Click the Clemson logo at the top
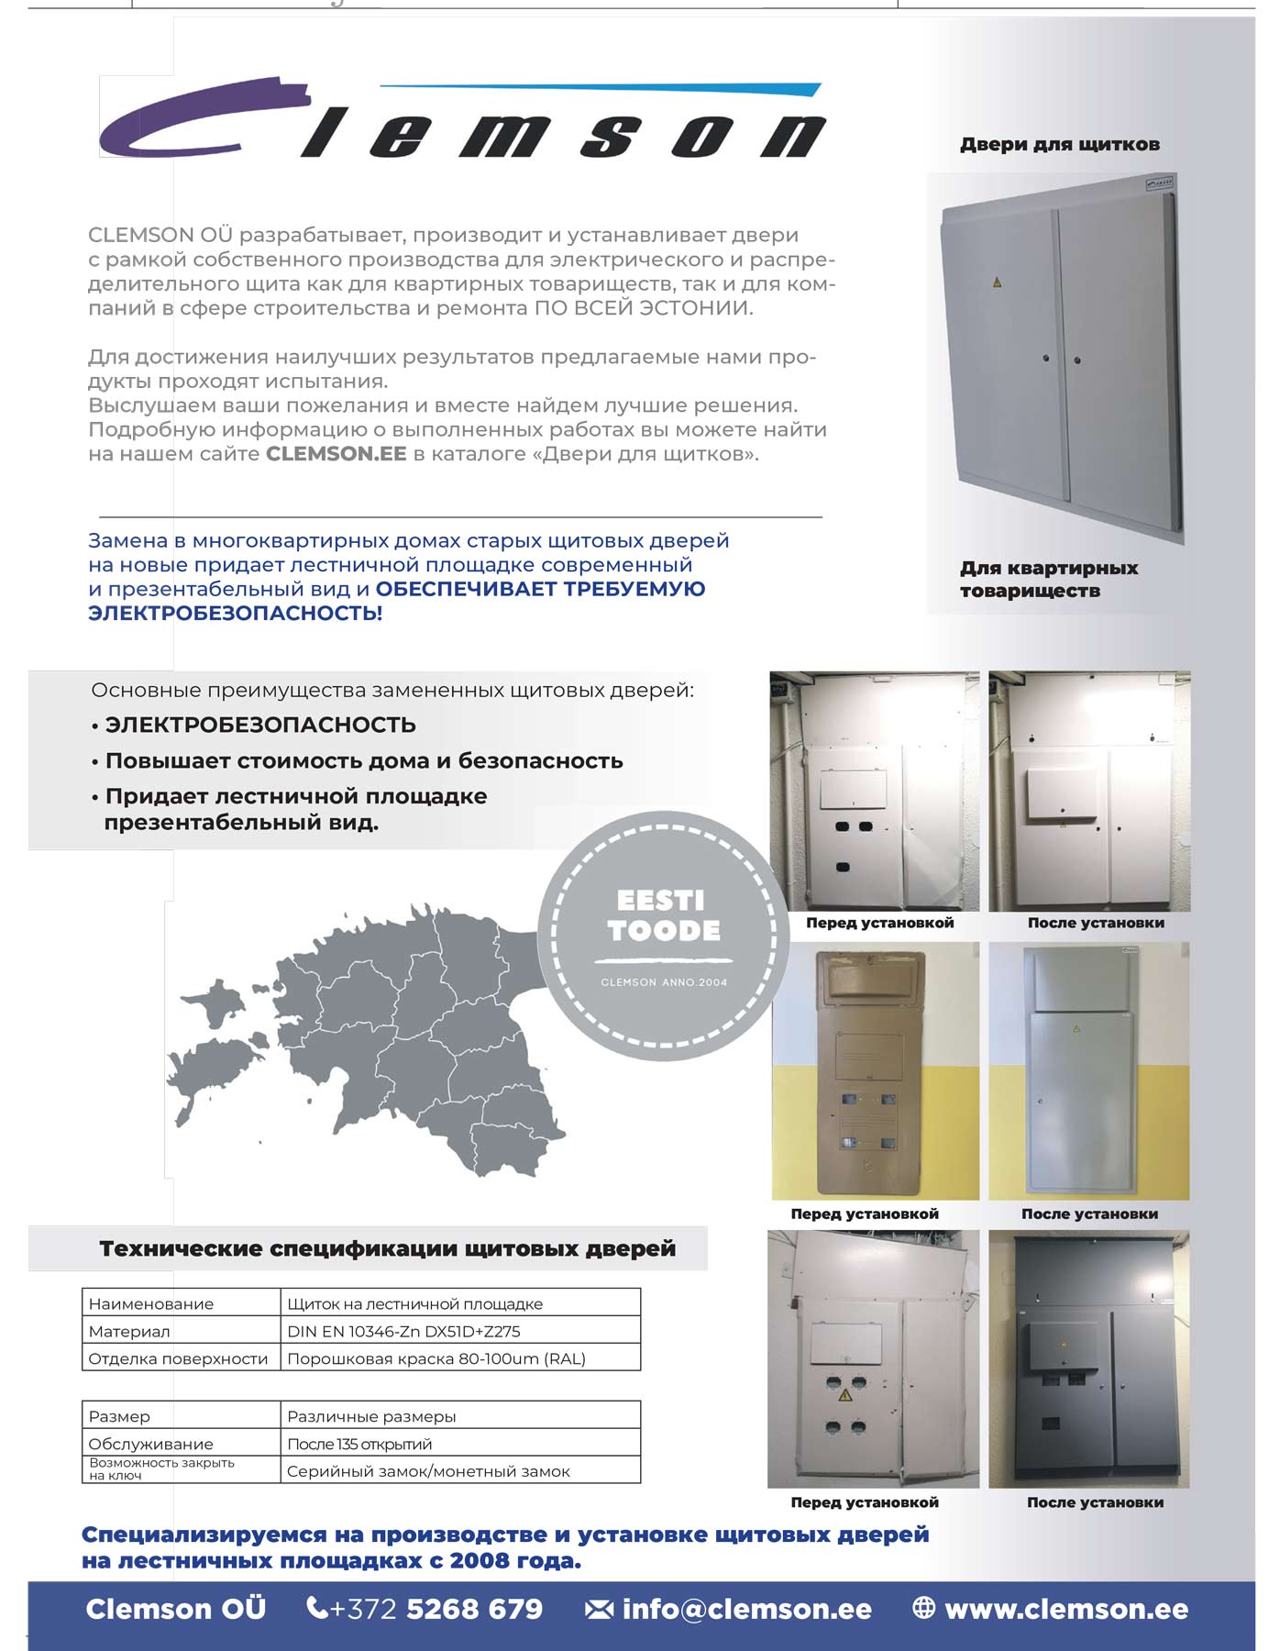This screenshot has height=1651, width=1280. [x=463, y=119]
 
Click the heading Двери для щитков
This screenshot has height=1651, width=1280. [x=1059, y=144]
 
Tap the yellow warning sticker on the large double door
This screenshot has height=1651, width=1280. [x=997, y=282]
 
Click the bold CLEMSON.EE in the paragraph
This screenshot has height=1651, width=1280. [x=336, y=454]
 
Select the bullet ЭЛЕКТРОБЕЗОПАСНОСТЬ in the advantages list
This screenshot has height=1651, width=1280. [x=260, y=725]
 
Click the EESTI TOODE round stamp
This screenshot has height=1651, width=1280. [x=663, y=936]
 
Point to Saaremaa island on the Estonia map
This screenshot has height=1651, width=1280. [x=211, y=1073]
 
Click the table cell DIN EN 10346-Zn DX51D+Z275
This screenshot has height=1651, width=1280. [x=403, y=1331]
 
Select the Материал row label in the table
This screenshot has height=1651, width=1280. [x=129, y=1331]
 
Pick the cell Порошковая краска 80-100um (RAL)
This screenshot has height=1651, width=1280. [x=436, y=1358]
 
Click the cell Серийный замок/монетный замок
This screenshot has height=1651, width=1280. [x=428, y=1471]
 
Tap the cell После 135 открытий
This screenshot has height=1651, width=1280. [x=359, y=1444]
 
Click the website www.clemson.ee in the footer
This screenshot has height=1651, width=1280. [x=1065, y=1609]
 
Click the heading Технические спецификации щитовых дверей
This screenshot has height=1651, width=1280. [x=387, y=1248]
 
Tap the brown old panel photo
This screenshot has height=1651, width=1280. [x=875, y=1070]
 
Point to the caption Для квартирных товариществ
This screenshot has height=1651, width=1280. [x=1048, y=579]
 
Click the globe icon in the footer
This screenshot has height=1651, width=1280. [x=923, y=1608]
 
